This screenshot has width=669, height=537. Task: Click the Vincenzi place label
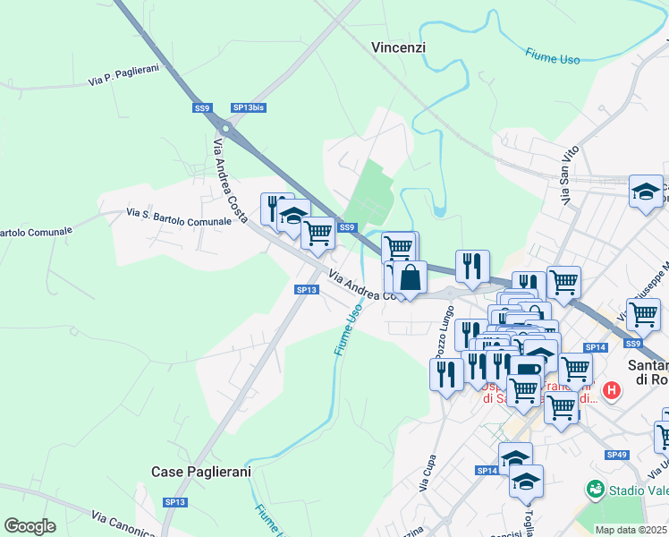tap(399, 47)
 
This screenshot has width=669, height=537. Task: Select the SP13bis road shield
tap(249, 107)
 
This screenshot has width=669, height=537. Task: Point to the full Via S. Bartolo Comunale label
tap(186, 216)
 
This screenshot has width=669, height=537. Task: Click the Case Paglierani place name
tap(200, 471)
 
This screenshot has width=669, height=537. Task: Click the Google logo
tap(30, 525)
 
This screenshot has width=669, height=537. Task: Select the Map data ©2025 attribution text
tap(631, 530)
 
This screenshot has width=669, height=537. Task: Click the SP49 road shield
tap(616, 455)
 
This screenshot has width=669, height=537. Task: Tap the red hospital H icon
tap(612, 390)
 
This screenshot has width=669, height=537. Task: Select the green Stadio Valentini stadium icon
tap(594, 490)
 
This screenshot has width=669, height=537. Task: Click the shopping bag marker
tap(410, 277)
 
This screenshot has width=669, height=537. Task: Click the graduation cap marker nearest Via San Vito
tap(646, 192)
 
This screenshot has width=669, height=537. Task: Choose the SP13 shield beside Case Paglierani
tap(175, 502)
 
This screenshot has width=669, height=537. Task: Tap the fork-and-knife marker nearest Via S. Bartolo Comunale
tap(275, 209)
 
